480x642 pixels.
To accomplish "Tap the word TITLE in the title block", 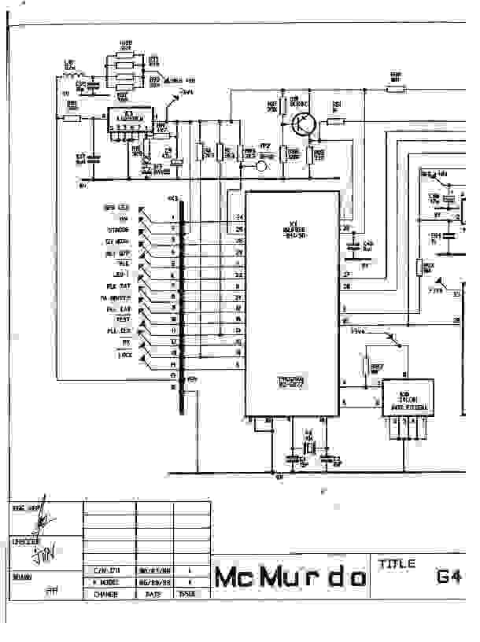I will [397, 564].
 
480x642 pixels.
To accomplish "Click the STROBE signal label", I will [119, 230].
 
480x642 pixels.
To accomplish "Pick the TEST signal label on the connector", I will [123, 320].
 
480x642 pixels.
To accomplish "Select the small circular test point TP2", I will [264, 165].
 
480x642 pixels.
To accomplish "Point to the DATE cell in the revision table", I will [154, 595].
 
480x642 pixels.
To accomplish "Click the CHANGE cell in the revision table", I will [106, 595].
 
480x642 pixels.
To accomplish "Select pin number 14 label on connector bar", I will [172, 366].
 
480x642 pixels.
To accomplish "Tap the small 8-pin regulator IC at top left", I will [131, 120].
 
